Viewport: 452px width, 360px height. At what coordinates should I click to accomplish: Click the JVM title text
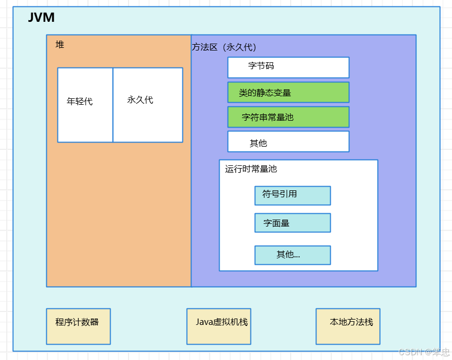pyautogui.click(x=41, y=18)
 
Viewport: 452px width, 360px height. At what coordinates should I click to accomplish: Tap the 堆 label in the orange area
pyautogui.click(x=60, y=45)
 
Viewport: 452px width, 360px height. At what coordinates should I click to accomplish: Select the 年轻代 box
pyautogui.click(x=85, y=105)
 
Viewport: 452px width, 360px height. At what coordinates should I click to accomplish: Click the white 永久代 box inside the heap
pyautogui.click(x=147, y=105)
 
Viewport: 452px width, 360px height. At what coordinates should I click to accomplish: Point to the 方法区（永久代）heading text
pyautogui.click(x=224, y=47)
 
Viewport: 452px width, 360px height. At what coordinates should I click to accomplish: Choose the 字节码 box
pyautogui.click(x=288, y=67)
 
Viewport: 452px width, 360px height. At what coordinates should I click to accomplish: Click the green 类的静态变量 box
pyautogui.click(x=288, y=92)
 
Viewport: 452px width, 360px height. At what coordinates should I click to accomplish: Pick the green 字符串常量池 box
pyautogui.click(x=288, y=117)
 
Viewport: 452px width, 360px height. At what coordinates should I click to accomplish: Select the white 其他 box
pyautogui.click(x=288, y=141)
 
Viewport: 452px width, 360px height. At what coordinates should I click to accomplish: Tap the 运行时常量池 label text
pyautogui.click(x=250, y=169)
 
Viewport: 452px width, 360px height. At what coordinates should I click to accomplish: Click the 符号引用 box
pyautogui.click(x=292, y=195)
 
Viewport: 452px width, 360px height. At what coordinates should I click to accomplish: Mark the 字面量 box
pyautogui.click(x=292, y=223)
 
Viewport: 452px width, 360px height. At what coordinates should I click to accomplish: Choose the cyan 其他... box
pyautogui.click(x=292, y=255)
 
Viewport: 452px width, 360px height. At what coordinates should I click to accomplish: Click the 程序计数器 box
pyautogui.click(x=78, y=326)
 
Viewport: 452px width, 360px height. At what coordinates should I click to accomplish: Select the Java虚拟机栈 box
pyautogui.click(x=219, y=326)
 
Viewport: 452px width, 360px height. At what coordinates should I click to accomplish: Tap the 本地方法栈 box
pyautogui.click(x=348, y=326)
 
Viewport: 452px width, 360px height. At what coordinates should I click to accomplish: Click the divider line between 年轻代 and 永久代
pyautogui.click(x=113, y=105)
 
